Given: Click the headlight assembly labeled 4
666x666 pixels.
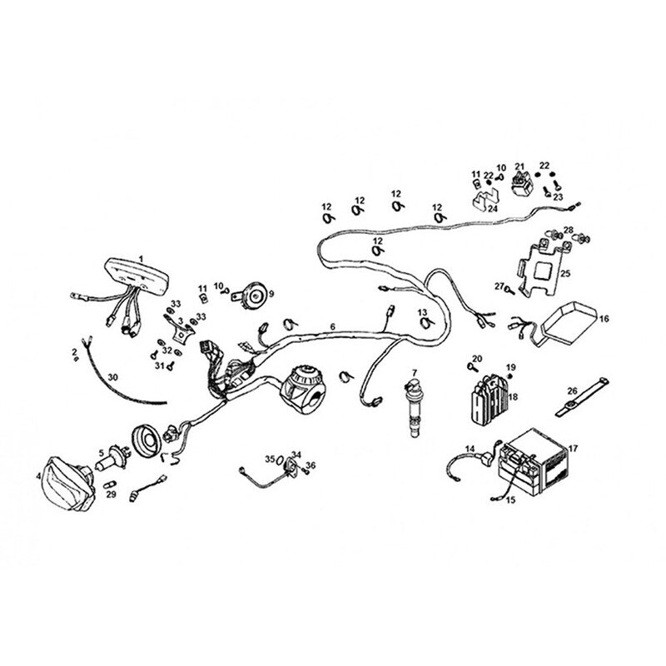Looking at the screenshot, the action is pos(69,484).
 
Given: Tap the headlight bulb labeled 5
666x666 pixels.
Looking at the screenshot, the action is pos(112,458).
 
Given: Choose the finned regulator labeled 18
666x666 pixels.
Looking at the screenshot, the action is pos(489,397).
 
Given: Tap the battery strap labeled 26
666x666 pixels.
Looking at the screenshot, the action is pos(581,396).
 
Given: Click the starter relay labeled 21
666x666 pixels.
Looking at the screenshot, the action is pos(522,183).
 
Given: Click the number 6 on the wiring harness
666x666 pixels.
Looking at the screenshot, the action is pos(332,326).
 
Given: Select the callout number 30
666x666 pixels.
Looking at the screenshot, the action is pos(112,377).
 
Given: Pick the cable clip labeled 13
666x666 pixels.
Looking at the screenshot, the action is pos(425,324).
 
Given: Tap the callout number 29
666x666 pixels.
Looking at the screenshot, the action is pos(111,495).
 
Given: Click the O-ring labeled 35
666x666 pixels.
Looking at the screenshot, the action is pos(281,460).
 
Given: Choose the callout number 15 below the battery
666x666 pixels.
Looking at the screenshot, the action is pos(510,500).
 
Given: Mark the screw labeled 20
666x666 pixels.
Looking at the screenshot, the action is pos(470,366).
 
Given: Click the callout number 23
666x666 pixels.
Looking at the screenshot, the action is pos(557,197).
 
